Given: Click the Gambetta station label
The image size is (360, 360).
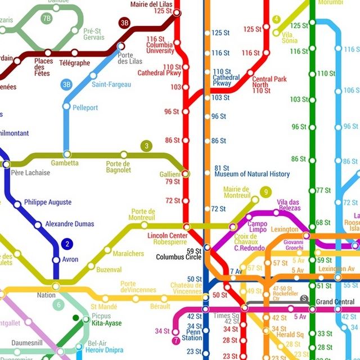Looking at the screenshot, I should coord(65,163).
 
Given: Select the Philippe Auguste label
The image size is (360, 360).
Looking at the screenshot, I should coord(48,202).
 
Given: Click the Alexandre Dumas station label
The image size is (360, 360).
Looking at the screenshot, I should coord(69,224).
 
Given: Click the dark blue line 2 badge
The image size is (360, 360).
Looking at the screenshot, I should coord(67,244).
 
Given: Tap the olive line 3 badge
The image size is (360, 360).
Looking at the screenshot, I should coord(147,146).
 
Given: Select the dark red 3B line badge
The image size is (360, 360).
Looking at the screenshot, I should coord(125,23).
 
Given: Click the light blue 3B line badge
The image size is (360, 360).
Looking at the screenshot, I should coord(67,85).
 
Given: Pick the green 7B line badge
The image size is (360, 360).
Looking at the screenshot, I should coord(46,18).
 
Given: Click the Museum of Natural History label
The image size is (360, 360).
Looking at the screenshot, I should coord(252,174).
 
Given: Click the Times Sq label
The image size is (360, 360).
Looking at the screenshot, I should coord(226,316).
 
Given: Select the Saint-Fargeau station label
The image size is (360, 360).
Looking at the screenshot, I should coord(111,84).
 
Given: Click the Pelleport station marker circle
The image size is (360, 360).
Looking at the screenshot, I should coord(66,106).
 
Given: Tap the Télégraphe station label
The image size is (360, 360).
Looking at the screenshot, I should coord(74,63).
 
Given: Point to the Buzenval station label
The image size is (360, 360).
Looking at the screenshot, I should coord(109,270).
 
